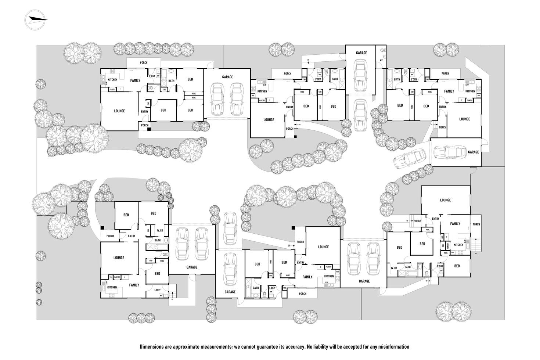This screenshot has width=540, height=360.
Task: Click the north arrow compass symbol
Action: tap(35, 19)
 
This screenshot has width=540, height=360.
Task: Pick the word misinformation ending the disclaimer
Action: tap(391, 346)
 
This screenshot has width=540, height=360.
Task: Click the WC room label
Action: tap(381, 60)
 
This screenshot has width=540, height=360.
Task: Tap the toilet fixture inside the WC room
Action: tap(382, 50)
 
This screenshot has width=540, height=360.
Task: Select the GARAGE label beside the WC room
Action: tap(361, 53)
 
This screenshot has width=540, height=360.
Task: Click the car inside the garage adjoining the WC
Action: tap(360, 76)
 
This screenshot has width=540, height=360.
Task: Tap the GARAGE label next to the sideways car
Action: tap(473, 152)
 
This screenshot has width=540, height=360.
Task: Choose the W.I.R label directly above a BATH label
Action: tap(160, 231)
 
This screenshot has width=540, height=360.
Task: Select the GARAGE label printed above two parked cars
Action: tap(227, 77)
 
